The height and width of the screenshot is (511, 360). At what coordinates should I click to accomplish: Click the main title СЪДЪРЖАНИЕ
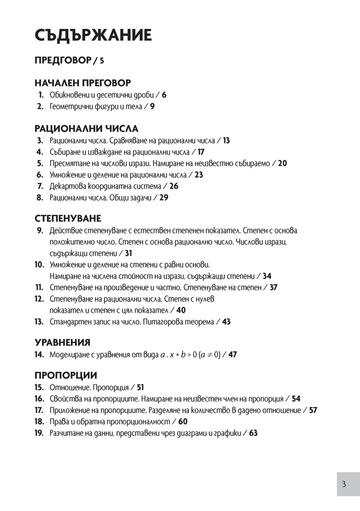tap(93, 35)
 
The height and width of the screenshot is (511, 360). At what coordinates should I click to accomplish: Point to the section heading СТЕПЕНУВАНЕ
tap(67, 217)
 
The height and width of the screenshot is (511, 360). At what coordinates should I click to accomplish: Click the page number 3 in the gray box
tap(344, 485)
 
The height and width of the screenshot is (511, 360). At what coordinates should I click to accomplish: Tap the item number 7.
tap(40, 186)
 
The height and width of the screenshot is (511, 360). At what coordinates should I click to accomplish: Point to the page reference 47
tap(233, 355)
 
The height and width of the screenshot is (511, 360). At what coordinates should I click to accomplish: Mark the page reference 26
tap(173, 186)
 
